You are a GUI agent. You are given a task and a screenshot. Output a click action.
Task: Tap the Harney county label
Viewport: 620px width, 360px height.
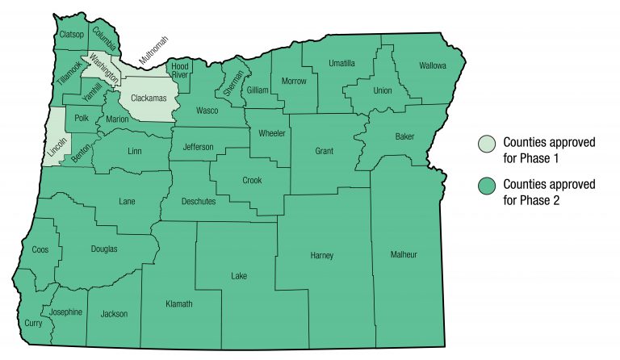click(321, 256)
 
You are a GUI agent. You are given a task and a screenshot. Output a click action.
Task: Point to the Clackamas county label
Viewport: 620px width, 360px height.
click(149, 98)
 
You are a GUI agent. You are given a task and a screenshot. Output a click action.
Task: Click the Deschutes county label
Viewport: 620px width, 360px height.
click(199, 201)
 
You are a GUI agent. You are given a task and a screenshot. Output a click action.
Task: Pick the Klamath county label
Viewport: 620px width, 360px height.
click(179, 303)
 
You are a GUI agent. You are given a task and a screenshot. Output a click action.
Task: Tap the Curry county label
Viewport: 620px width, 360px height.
click(34, 323)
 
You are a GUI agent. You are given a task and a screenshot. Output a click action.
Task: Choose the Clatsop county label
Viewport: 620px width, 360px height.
click(71, 34)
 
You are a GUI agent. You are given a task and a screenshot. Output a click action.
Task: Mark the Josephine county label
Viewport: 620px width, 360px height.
click(66, 312)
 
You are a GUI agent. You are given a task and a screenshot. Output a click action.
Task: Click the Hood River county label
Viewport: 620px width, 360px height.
click(179, 69)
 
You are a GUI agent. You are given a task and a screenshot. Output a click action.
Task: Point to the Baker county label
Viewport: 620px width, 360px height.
click(404, 136)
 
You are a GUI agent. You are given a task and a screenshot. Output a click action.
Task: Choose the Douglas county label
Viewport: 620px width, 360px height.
click(103, 249)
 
